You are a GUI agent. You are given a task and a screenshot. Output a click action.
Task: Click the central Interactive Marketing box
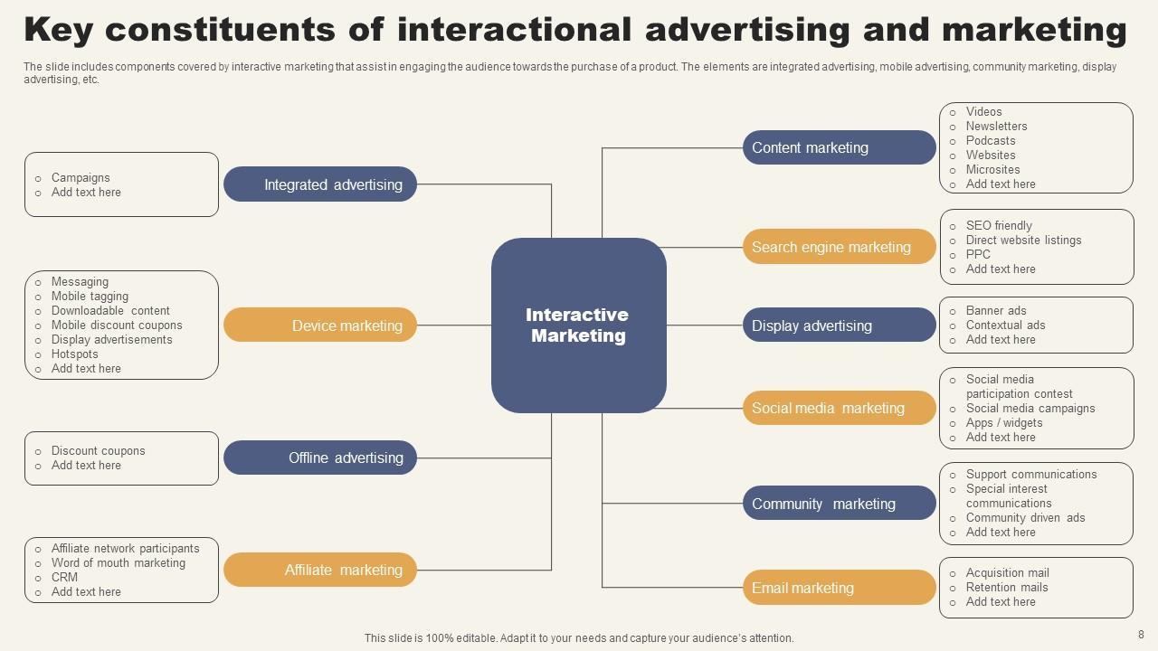[x=579, y=325]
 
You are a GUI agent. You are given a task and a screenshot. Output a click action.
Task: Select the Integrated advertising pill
[x=320, y=184]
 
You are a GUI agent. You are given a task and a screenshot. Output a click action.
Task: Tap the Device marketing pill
[x=320, y=325]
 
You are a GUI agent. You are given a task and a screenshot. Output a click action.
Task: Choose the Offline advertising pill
[x=320, y=458]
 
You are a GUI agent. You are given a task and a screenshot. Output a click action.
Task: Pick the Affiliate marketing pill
[x=320, y=570]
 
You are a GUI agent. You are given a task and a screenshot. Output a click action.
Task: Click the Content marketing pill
[x=839, y=147]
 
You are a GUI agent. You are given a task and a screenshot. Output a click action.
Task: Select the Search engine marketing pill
[x=839, y=247]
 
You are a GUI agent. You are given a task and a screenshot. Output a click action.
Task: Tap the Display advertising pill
[x=839, y=325]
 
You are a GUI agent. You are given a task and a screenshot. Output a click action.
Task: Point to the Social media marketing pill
[x=839, y=408]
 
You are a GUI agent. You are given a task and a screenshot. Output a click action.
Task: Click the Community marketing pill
[x=839, y=504]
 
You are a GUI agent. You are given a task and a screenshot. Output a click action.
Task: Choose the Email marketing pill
[x=839, y=588]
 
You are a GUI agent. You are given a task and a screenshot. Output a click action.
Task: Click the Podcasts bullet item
[x=991, y=141]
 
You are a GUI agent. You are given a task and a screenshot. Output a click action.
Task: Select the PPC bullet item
[x=978, y=255]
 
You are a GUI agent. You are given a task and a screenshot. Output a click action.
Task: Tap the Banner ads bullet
[x=996, y=311]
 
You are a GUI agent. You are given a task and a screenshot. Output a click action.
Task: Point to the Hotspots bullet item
[x=74, y=354]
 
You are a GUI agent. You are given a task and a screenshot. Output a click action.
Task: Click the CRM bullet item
[x=64, y=578]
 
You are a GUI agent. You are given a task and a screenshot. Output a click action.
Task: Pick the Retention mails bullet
[x=1007, y=588]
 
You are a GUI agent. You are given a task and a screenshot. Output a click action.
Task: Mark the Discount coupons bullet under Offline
[x=98, y=451]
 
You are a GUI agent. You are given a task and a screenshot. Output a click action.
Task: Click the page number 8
[x=1141, y=635]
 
